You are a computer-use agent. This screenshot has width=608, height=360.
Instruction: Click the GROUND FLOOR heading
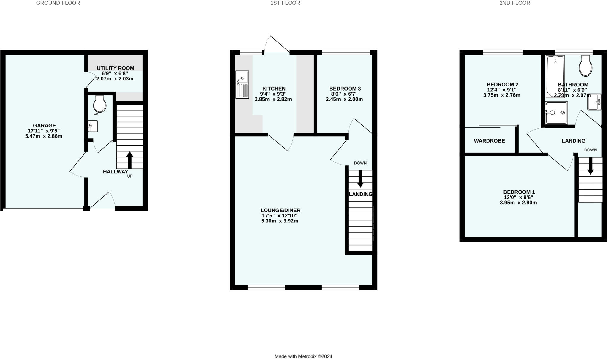58,3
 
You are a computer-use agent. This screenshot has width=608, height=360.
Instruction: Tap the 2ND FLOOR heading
514,3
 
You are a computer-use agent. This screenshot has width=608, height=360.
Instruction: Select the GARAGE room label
44,126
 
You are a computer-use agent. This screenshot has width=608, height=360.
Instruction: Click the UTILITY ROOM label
115,68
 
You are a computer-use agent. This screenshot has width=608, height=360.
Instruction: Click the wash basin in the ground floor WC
93,126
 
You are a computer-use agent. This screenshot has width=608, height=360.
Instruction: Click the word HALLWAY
115,172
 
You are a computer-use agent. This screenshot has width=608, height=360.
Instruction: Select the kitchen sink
242,85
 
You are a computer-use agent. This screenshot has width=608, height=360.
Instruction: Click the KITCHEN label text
274,89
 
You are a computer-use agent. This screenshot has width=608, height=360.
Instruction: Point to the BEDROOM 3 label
345,89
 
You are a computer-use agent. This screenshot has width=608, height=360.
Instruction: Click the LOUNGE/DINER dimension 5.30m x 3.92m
280,221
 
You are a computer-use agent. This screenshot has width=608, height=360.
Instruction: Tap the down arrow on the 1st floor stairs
360,179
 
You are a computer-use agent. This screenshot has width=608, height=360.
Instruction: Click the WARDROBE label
489,141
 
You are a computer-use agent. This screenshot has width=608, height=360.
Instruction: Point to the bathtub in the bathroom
555,76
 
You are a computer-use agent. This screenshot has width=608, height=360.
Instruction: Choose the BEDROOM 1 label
519,192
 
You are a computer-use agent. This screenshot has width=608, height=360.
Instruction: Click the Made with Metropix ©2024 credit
303,356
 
